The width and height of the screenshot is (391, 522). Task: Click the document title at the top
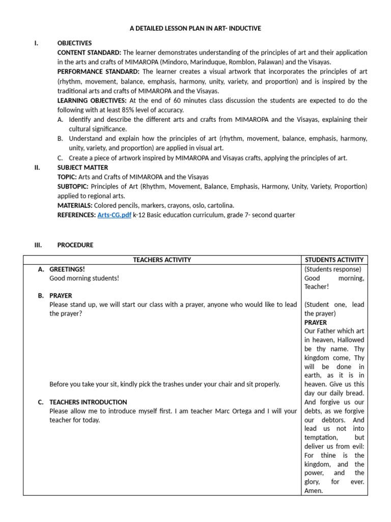click(195, 29)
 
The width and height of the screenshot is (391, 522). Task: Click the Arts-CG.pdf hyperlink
click(115, 215)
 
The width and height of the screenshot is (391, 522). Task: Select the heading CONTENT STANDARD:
click(89, 53)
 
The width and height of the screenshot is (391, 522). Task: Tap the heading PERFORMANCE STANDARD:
click(98, 72)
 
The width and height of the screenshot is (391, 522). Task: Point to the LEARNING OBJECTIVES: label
click(92, 100)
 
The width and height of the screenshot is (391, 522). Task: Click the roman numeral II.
click(37, 167)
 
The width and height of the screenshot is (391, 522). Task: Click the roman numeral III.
click(38, 245)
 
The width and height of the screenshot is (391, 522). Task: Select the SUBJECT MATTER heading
click(82, 167)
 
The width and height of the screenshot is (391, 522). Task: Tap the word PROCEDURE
click(75, 245)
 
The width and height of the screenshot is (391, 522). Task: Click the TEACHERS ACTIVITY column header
click(162, 260)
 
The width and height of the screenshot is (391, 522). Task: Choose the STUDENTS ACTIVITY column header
click(334, 260)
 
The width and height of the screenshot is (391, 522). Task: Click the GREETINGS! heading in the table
click(67, 269)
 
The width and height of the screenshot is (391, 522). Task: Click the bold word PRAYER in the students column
click(316, 323)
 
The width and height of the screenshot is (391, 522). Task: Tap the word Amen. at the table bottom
click(314, 491)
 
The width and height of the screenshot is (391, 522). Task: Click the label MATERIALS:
click(75, 205)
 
